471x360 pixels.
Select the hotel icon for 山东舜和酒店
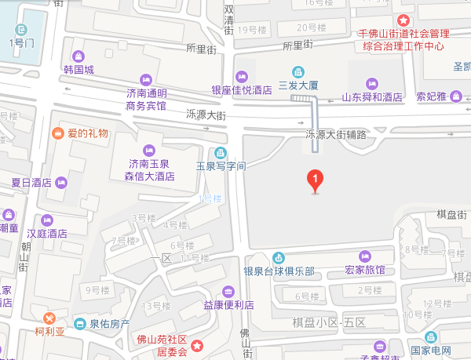[372, 83]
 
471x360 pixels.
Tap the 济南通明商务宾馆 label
[147, 99]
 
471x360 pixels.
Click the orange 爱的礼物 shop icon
[58, 133]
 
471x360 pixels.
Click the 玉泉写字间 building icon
[219, 152]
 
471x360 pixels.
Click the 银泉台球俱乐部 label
[278, 271]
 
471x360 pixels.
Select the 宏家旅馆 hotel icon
[364, 256]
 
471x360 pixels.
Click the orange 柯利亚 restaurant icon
[49, 318]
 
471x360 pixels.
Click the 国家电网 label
[431, 350]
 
